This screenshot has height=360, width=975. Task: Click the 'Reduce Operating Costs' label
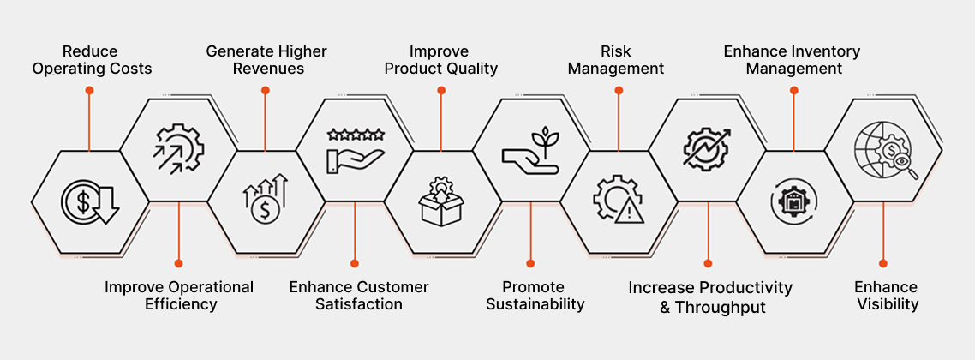[x=92, y=60]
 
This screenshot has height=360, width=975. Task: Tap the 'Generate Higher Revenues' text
[x=266, y=60]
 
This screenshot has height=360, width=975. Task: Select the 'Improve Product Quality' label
[x=441, y=60]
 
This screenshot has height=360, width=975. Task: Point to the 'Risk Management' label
[x=616, y=60]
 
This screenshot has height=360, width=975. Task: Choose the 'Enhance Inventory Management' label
[x=793, y=60]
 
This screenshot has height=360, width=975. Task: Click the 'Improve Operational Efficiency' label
[x=179, y=296]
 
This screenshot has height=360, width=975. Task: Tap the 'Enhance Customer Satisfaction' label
[x=359, y=296]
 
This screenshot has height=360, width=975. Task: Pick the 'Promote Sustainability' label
[x=535, y=296]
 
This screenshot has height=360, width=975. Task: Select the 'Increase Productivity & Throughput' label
[x=710, y=297]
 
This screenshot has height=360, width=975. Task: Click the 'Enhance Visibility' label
[x=886, y=296]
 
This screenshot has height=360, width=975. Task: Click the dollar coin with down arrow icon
[x=90, y=202]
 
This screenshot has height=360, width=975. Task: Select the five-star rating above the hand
[x=356, y=134]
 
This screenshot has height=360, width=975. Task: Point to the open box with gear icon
[x=441, y=201]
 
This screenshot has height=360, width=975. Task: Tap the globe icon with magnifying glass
[x=885, y=150]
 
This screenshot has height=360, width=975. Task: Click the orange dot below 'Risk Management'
[x=618, y=90]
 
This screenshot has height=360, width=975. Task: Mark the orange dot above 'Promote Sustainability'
[x=530, y=263]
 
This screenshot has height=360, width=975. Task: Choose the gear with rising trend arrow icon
[x=707, y=150]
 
